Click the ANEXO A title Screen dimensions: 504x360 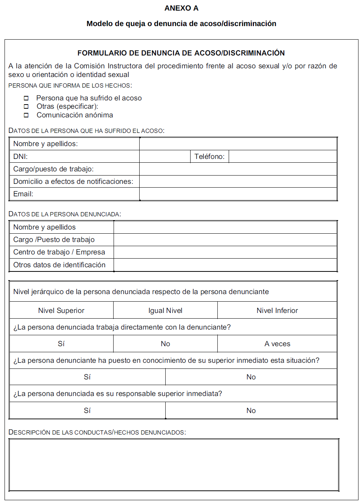(181, 8)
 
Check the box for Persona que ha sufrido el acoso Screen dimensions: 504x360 (26, 98)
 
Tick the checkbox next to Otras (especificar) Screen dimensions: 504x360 (26, 106)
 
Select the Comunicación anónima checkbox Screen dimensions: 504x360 (26, 115)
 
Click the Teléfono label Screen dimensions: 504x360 (209, 156)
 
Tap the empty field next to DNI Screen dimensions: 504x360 (165, 156)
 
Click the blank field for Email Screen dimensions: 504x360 (238, 194)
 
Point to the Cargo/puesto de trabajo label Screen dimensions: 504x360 (53, 169)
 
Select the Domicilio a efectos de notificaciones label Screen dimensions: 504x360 (73, 182)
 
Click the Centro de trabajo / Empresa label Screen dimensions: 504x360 (59, 252)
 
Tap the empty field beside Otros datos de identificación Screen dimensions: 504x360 (225, 265)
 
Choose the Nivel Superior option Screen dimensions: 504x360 (61, 310)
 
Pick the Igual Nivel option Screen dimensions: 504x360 (165, 310)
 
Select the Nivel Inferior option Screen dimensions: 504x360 (277, 310)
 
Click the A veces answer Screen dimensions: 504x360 (277, 344)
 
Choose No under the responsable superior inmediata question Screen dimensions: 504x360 (251, 410)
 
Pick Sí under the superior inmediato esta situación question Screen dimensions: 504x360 (87, 377)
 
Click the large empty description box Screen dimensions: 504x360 (174, 464)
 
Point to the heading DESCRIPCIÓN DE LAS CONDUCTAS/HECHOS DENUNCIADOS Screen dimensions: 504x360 (97, 432)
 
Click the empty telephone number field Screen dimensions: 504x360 (282, 156)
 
